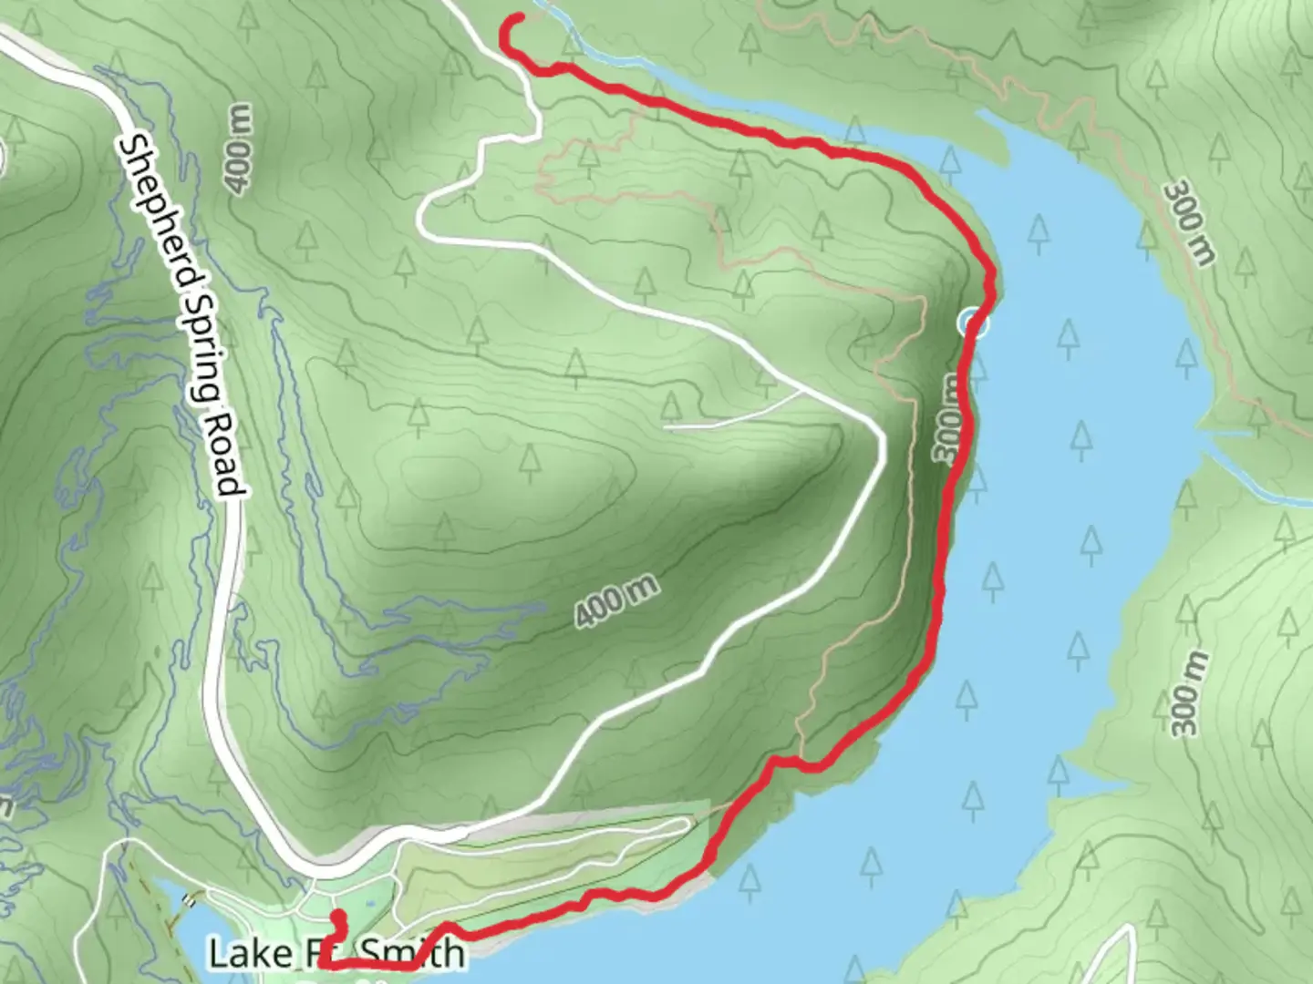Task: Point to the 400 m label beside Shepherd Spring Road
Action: [x=239, y=149]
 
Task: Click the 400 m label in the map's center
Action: [x=616, y=601]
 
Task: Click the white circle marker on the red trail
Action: [x=973, y=323]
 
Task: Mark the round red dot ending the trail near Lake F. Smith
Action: [x=337, y=917]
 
